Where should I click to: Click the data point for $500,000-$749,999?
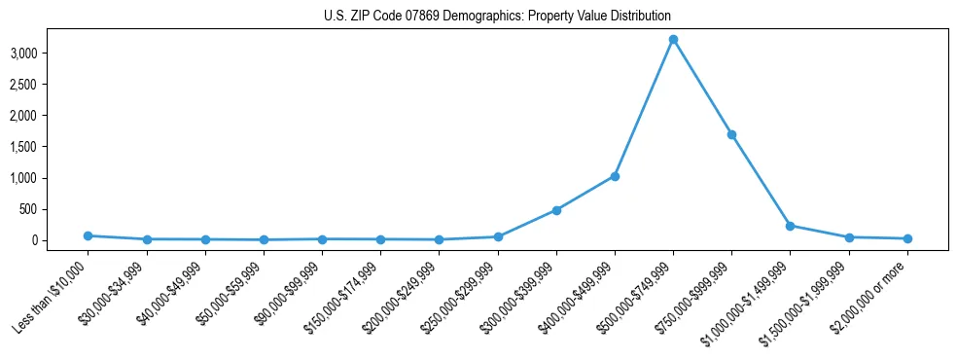(673, 40)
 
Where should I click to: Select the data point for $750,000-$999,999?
(731, 134)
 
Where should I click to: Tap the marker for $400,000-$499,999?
(615, 176)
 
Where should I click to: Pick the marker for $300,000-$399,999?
(556, 210)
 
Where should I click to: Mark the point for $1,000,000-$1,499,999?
(790, 226)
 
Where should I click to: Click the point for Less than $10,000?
(88, 235)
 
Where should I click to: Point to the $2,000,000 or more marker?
(907, 238)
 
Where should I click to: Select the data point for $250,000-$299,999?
(498, 236)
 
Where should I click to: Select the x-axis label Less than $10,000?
(52, 296)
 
